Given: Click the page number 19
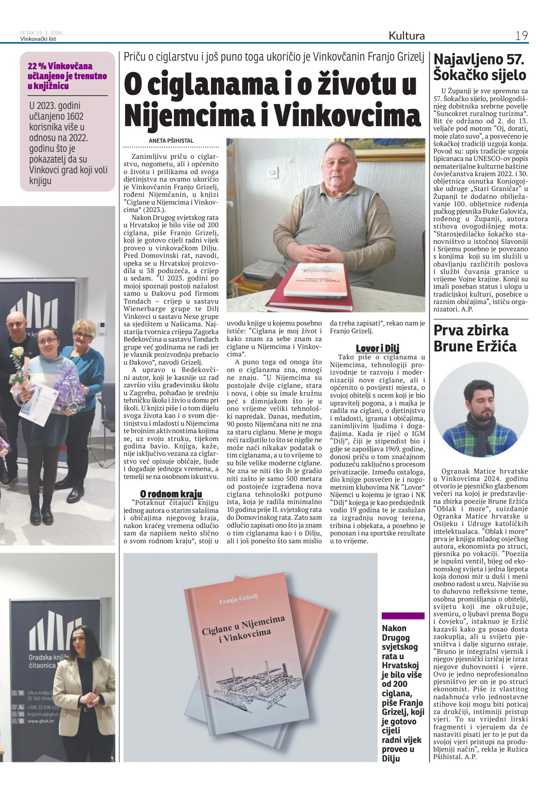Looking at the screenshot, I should click(521, 36).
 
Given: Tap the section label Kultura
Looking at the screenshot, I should click(406, 36).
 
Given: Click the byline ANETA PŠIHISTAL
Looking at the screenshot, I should click(171, 141).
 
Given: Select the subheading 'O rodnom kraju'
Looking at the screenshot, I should click(171, 494).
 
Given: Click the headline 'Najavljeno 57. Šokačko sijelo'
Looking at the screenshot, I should click(480, 67).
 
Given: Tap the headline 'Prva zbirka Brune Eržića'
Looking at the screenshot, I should click(475, 338).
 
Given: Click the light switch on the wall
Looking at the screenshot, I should click(273, 173).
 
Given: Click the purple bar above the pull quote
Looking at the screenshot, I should click(403, 616).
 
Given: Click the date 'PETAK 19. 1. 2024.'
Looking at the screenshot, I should click(41, 33).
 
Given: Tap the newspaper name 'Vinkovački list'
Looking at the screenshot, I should click(38, 39).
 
